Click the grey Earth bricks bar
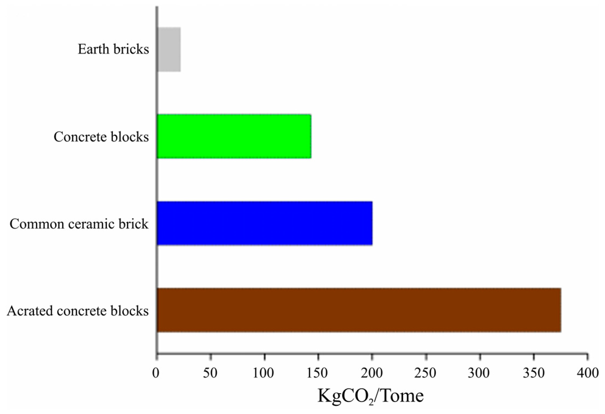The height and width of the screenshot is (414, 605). click(x=169, y=50)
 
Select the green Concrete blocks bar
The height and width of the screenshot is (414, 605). click(x=234, y=136)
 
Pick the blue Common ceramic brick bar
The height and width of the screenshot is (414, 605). click(x=265, y=223)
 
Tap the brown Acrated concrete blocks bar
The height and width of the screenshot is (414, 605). click(x=359, y=310)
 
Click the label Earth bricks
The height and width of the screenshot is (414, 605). click(x=113, y=49)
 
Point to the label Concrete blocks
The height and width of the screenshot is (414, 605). click(x=101, y=137)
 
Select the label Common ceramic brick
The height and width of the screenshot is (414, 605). click(x=79, y=224)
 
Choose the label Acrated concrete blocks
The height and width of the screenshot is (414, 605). click(x=78, y=311)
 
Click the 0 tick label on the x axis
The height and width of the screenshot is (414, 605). click(x=156, y=373)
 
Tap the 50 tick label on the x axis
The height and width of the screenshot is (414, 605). click(x=210, y=373)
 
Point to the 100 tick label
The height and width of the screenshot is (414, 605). click(x=263, y=373)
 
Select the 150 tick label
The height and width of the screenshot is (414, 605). click(x=317, y=373)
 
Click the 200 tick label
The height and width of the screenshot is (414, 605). click(x=371, y=373)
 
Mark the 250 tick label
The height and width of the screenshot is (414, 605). click(x=425, y=373)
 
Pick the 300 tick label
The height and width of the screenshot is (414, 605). click(x=479, y=373)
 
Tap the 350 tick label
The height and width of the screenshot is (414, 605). click(x=533, y=373)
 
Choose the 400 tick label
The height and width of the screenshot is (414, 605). click(x=587, y=373)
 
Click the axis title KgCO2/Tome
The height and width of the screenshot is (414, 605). click(x=371, y=396)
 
